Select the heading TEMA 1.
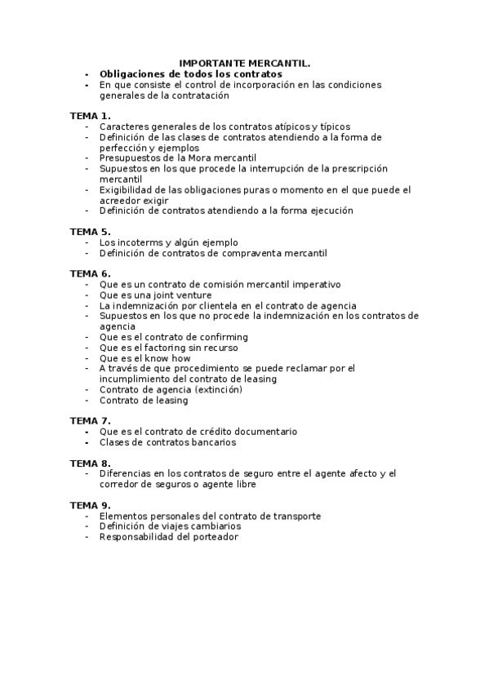[90, 116]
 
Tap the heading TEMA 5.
[90, 232]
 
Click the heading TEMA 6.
[90, 273]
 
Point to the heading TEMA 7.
[90, 421]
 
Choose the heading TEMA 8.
[90, 463]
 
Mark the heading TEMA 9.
[90, 505]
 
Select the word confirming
[220, 337]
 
